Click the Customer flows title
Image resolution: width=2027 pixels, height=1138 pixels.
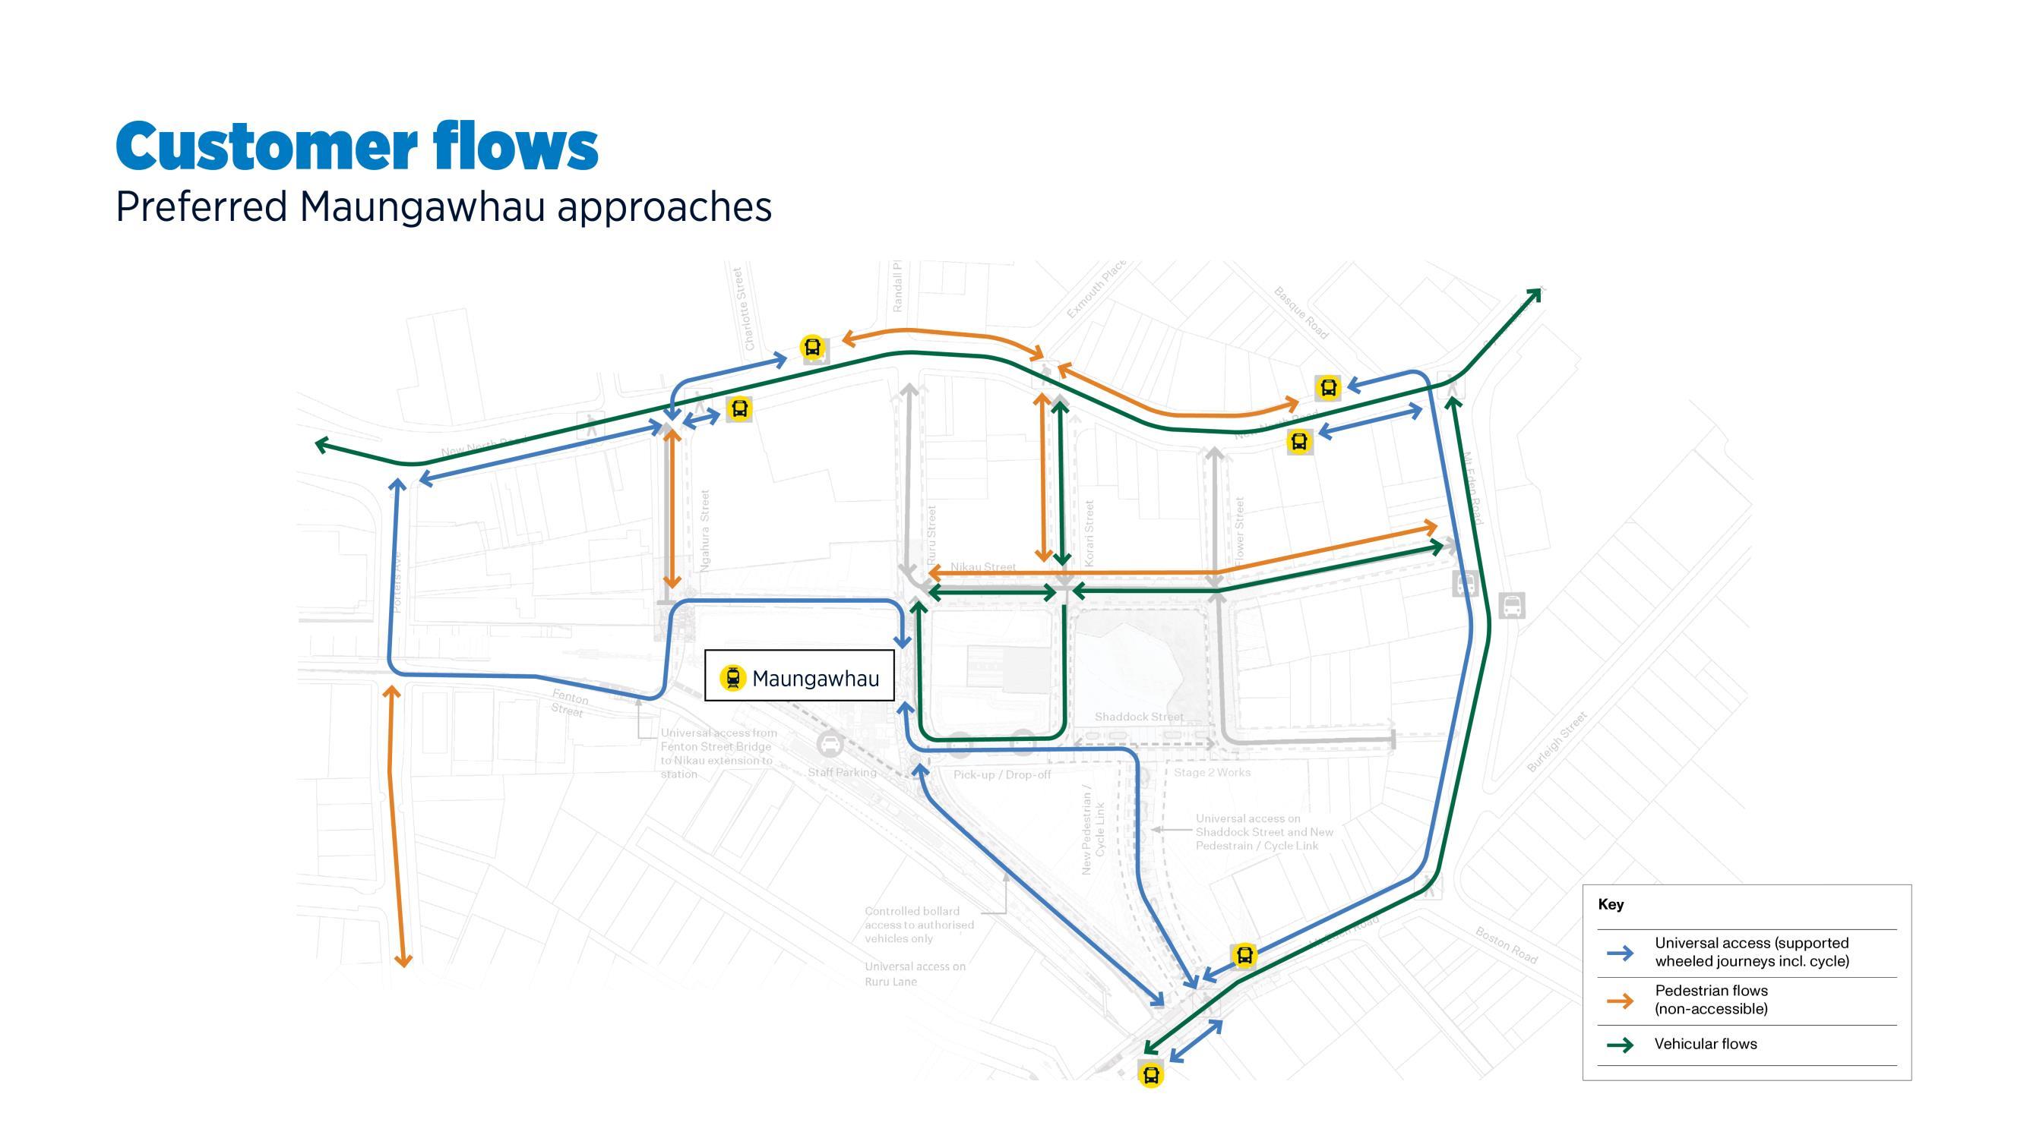point(356,147)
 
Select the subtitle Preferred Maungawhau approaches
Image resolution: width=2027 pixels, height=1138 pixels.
point(443,207)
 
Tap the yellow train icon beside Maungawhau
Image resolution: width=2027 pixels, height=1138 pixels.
point(732,677)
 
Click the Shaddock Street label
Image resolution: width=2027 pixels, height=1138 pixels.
point(1139,717)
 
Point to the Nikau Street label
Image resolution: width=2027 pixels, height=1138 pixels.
point(983,566)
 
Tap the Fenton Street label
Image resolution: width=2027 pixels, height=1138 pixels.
point(568,702)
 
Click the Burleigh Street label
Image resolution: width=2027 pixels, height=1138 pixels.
point(1557,742)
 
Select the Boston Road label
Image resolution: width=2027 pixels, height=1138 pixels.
point(1505,944)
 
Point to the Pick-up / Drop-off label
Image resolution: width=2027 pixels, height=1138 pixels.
point(1001,774)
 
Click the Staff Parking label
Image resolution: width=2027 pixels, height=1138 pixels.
point(841,772)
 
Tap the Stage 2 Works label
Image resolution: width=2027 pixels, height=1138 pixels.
point(1212,772)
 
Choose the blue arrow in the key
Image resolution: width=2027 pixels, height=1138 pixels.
point(1620,954)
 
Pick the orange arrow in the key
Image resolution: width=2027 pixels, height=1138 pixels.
point(1620,1001)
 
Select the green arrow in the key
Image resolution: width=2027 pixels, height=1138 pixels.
point(1620,1045)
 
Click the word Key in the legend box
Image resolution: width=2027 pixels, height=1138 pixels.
point(1610,904)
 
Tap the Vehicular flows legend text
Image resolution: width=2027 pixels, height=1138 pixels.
point(1705,1045)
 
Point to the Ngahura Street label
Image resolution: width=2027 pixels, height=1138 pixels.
point(705,529)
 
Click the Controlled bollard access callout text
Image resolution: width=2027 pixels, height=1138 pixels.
point(919,925)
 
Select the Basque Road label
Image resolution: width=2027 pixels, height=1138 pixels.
point(1301,313)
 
